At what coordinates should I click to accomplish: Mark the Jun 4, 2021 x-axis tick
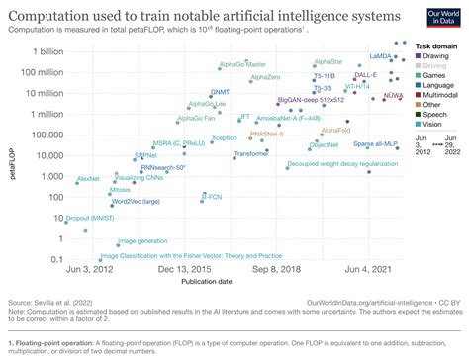372,269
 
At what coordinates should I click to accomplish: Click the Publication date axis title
234,281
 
